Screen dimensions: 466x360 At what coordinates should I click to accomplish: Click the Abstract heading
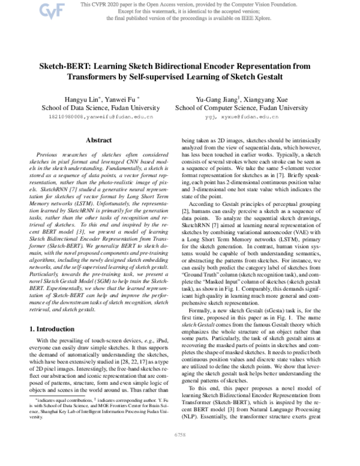(x=100, y=140)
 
